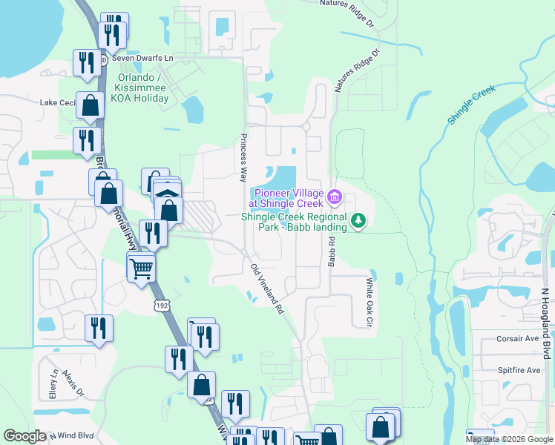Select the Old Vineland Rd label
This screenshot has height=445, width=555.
click(268, 289)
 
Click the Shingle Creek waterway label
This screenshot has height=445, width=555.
click(471, 104)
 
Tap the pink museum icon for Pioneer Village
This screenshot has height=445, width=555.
click(335, 197)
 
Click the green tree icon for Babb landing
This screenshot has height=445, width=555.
click(358, 220)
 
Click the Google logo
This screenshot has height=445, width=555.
click(25, 436)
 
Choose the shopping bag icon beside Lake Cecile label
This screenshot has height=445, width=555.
click(90, 108)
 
